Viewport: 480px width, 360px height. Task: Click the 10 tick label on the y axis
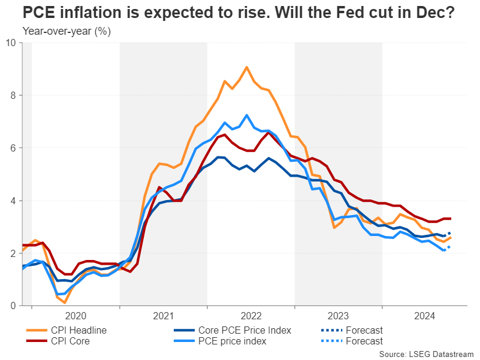(11, 43)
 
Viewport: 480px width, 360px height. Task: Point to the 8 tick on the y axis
(14, 95)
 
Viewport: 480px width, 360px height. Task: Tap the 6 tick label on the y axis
(14, 148)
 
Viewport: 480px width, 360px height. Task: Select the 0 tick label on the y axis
(14, 306)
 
